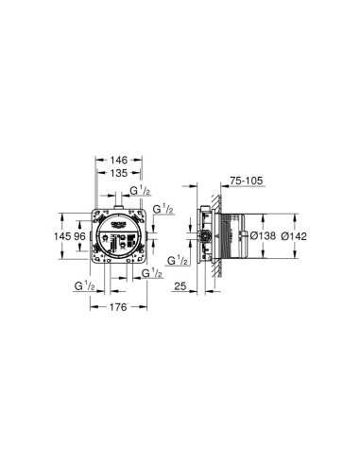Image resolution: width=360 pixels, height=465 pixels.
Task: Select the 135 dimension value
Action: tap(119, 175)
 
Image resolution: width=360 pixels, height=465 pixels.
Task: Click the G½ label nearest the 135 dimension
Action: tap(139, 192)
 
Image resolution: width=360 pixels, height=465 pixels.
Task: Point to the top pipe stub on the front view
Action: tap(117, 200)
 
